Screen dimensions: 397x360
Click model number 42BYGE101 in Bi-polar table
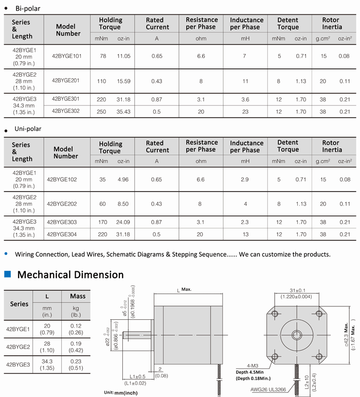tap(67, 56)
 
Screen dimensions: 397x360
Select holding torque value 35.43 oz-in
tap(124, 111)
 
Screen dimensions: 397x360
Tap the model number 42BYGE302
tap(66, 111)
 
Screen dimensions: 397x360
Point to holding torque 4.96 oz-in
tap(123, 179)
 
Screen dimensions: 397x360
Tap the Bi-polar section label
tap(28, 9)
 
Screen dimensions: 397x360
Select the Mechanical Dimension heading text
tap(70, 274)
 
